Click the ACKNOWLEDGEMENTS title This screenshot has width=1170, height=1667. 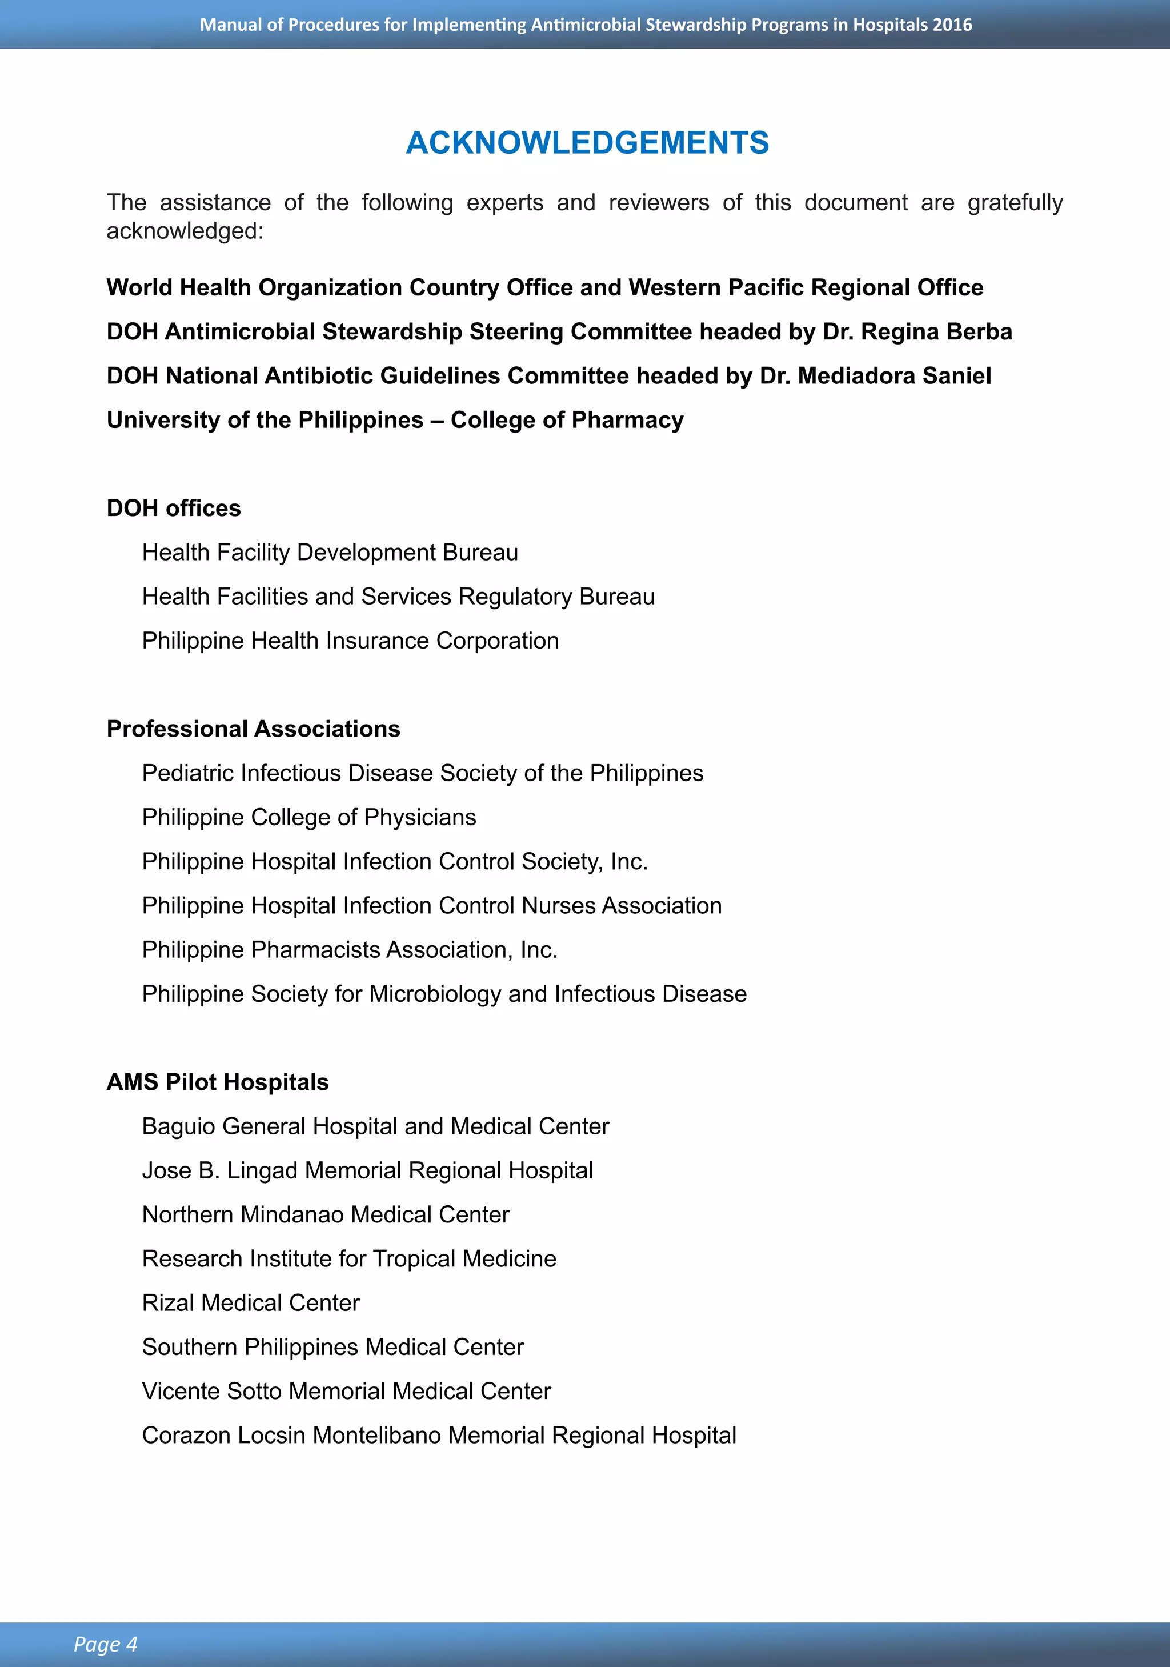[587, 143]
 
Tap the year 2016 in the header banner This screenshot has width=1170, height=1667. [952, 25]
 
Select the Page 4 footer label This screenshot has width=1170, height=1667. [105, 1644]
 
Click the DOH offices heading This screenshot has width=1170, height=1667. [174, 508]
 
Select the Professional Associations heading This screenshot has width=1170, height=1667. [253, 729]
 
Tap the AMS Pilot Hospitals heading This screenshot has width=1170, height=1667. [218, 1082]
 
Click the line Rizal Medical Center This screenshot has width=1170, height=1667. [250, 1302]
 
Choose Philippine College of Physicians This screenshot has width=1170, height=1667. [309, 818]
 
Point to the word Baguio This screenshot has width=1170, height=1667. [179, 1127]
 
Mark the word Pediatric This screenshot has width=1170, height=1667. [188, 773]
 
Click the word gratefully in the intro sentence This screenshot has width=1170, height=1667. [1015, 202]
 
